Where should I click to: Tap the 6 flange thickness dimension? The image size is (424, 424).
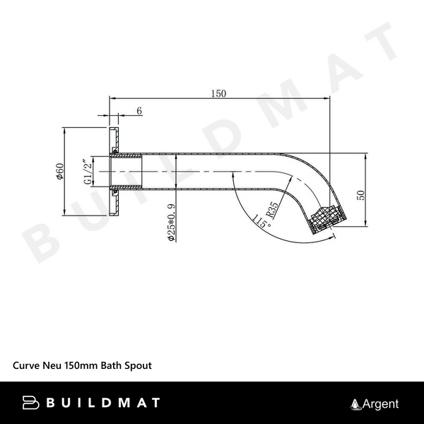[x=139, y=111]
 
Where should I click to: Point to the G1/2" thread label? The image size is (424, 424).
[x=87, y=172]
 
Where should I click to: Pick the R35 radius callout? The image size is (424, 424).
[x=272, y=210]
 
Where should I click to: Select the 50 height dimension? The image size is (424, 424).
[x=361, y=194]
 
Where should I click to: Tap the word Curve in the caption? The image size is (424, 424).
[x=26, y=367]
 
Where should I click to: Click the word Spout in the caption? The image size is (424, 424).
[x=139, y=367]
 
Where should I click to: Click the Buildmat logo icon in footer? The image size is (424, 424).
[x=31, y=403]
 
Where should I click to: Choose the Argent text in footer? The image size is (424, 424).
[x=381, y=404]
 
